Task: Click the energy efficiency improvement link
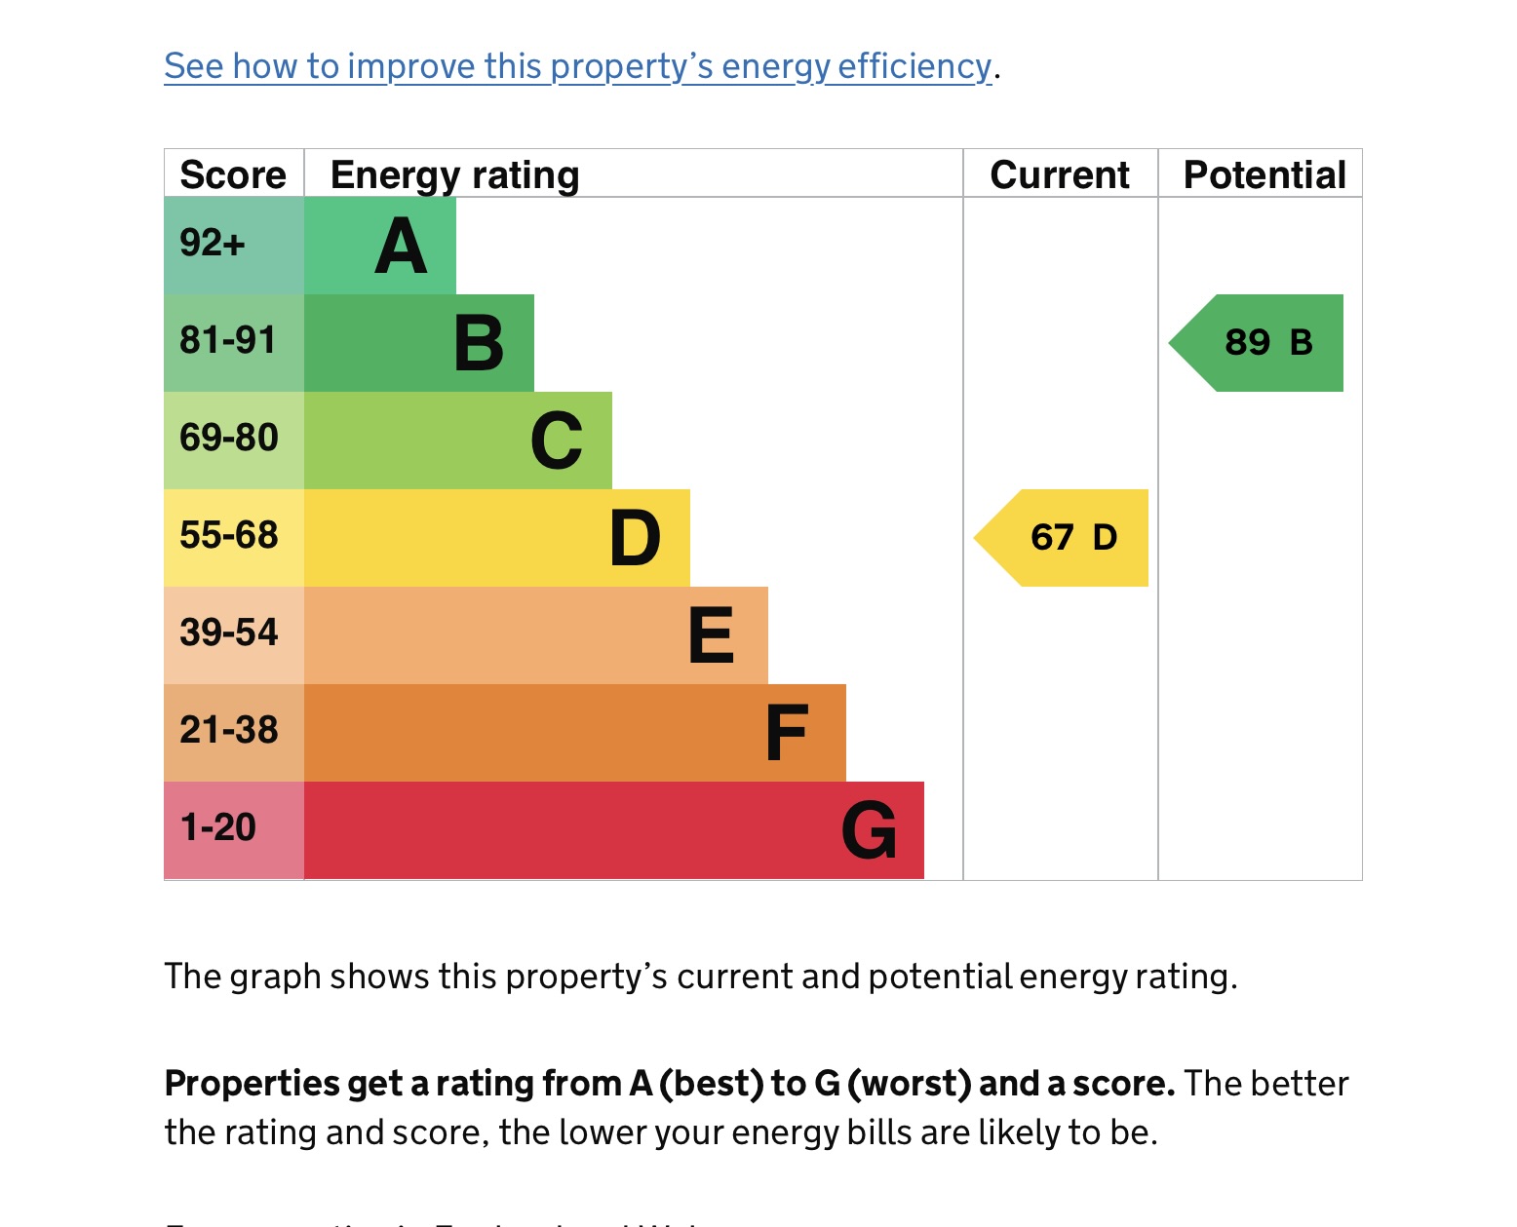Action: point(577,66)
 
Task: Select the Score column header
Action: point(233,174)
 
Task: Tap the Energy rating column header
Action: point(454,174)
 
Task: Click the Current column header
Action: point(1060,174)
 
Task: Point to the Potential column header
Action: point(1264,174)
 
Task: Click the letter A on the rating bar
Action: point(401,247)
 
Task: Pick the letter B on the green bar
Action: point(479,344)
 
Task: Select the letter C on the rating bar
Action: point(557,441)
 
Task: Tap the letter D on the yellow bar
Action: point(635,539)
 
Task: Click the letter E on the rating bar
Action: point(711,635)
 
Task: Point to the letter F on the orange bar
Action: point(787,733)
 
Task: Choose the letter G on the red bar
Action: point(869,831)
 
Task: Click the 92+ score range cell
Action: point(233,245)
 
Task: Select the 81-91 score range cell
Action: point(233,342)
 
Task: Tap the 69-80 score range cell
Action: point(233,440)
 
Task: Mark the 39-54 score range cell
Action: point(233,634)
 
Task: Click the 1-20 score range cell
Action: point(233,829)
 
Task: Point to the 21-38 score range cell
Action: point(233,732)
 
